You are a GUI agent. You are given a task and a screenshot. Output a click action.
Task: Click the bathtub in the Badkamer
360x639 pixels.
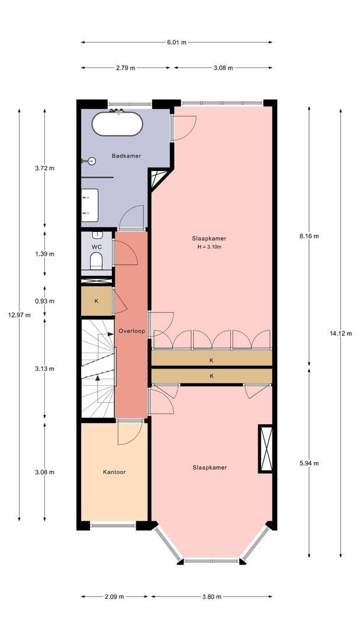[117, 124]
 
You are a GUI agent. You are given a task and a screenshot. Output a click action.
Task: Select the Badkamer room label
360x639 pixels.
[126, 156]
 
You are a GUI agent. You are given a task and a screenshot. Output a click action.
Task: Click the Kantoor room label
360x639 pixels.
[114, 472]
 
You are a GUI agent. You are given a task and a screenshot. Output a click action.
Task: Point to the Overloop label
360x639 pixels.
[131, 331]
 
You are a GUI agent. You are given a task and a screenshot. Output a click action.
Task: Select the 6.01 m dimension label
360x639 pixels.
[176, 42]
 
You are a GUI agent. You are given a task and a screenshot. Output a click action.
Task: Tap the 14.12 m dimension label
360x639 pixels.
[340, 333]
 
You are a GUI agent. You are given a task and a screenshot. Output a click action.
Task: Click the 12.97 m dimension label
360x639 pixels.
[19, 314]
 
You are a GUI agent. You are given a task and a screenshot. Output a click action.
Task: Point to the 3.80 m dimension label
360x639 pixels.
[211, 596]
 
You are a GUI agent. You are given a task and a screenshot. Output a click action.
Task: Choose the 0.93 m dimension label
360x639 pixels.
[44, 301]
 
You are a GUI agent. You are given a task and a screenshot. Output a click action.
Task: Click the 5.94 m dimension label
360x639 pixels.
[308, 463]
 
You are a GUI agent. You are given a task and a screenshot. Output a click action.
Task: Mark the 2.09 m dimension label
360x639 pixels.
[114, 596]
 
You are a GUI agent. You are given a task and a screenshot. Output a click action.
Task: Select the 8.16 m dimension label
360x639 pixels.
[308, 236]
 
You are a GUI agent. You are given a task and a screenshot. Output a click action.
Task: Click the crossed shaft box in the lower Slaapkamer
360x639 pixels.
[266, 448]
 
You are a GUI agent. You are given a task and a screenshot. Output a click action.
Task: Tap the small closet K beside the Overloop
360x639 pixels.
[97, 301]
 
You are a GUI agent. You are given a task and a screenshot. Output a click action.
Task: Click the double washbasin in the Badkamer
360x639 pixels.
[89, 205]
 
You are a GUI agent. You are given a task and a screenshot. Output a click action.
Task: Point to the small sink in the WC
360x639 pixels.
[97, 235]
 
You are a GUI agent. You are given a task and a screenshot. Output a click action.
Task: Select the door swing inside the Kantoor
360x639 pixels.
[130, 433]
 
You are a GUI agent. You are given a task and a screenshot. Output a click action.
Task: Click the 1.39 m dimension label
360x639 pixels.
[44, 254]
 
